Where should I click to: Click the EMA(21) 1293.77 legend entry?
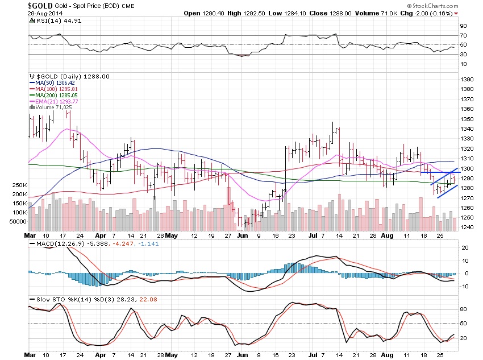(61, 101)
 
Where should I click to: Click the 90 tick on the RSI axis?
(463, 26)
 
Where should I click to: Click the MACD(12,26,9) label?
(55, 245)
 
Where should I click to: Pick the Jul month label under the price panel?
(313, 234)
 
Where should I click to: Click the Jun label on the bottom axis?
(242, 354)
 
